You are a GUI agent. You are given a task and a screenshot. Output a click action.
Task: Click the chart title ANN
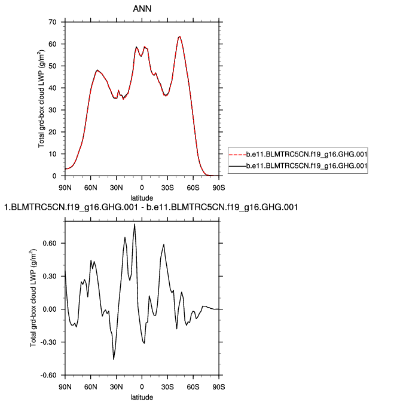142,9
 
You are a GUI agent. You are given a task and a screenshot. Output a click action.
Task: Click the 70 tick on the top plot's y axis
53,22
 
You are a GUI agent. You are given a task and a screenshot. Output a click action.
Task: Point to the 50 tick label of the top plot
53,66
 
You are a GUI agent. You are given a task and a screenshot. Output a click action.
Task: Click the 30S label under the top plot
167,187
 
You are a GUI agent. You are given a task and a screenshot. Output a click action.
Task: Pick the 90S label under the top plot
219,187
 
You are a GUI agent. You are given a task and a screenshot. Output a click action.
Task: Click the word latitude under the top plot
142,197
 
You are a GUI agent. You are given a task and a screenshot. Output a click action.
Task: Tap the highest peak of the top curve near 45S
179,36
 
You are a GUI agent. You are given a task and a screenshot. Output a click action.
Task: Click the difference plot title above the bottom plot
151,207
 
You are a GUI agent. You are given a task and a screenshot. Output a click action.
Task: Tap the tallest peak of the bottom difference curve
135,225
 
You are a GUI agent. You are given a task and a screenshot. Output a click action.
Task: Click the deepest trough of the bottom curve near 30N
114,359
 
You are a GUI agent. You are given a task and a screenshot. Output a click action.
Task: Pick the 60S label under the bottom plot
193,386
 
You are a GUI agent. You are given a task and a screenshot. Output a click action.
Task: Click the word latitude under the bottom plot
142,397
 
